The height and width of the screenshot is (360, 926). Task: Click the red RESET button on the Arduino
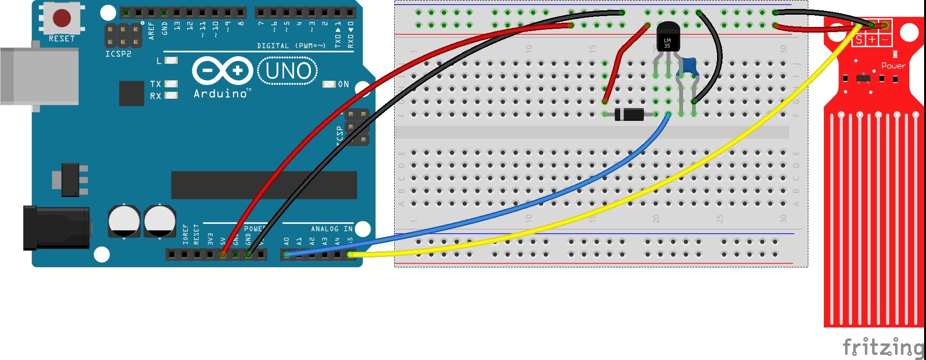point(62,18)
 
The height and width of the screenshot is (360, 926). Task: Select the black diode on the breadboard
point(629,114)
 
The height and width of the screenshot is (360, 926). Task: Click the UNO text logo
point(288,71)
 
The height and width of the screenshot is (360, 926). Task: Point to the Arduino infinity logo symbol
point(222,71)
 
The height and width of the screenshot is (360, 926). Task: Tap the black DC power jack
point(57,228)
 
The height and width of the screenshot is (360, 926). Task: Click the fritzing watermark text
point(883,347)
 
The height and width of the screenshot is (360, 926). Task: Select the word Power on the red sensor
point(893,66)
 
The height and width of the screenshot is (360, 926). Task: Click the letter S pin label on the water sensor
point(859,40)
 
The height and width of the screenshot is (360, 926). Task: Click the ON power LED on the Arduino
point(329,84)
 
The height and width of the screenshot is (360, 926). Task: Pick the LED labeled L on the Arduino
point(171,60)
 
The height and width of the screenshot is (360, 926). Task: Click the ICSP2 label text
point(118,54)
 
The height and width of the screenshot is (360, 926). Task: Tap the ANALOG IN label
point(331,229)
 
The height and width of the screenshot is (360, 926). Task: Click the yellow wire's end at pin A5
point(350,255)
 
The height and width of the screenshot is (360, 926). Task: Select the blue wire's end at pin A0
point(286,255)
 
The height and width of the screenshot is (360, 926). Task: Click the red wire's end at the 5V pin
point(223,255)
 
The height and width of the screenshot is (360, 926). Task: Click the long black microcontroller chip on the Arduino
point(264,185)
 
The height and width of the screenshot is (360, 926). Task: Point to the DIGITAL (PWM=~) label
point(291,45)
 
